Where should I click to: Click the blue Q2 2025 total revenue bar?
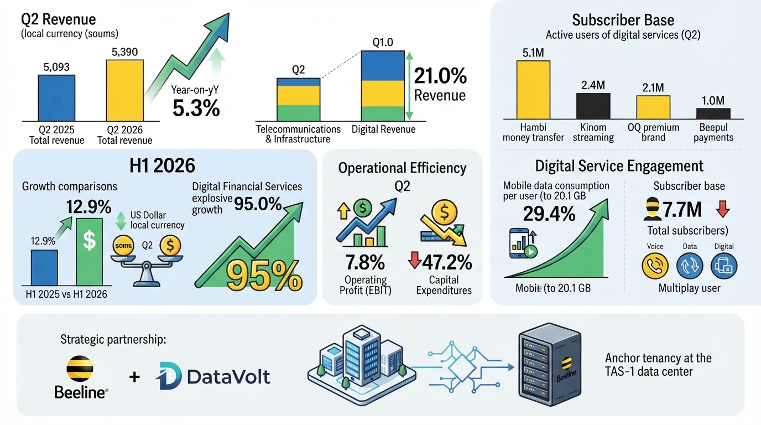pyautogui.click(x=56, y=98)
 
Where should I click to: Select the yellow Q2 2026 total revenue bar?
pyautogui.click(x=124, y=90)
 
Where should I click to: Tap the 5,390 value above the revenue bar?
pyautogui.click(x=124, y=52)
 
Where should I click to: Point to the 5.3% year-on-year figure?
pyautogui.click(x=196, y=108)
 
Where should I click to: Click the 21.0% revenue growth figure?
pyautogui.click(x=440, y=76)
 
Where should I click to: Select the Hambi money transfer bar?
pyautogui.click(x=533, y=90)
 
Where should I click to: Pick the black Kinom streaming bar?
pyautogui.click(x=593, y=106)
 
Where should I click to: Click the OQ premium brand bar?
pyautogui.click(x=653, y=107)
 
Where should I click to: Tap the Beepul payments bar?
pyautogui.click(x=713, y=113)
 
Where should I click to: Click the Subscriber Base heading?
pyautogui.click(x=623, y=20)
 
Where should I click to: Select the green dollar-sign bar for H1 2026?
pyautogui.click(x=90, y=252)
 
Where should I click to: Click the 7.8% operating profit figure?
pyautogui.click(x=365, y=262)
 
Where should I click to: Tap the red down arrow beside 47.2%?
pyautogui.click(x=415, y=260)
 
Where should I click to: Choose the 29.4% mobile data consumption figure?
pyautogui.click(x=549, y=214)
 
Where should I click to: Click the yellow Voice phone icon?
pyautogui.click(x=655, y=266)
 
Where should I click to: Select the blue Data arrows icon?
pyautogui.click(x=690, y=266)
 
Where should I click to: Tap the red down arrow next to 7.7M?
pyautogui.click(x=723, y=209)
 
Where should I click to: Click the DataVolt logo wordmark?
pyautogui.click(x=213, y=376)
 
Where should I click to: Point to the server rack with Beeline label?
pyautogui.click(x=550, y=365)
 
